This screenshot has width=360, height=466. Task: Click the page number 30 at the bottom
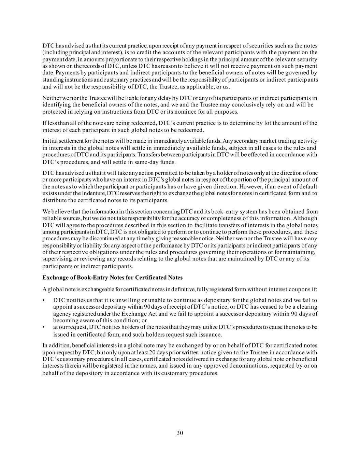click(180, 433)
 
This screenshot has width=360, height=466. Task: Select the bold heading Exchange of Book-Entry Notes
click(113, 277)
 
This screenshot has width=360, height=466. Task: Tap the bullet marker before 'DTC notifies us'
click(44, 300)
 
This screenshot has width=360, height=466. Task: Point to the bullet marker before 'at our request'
click(44, 327)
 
